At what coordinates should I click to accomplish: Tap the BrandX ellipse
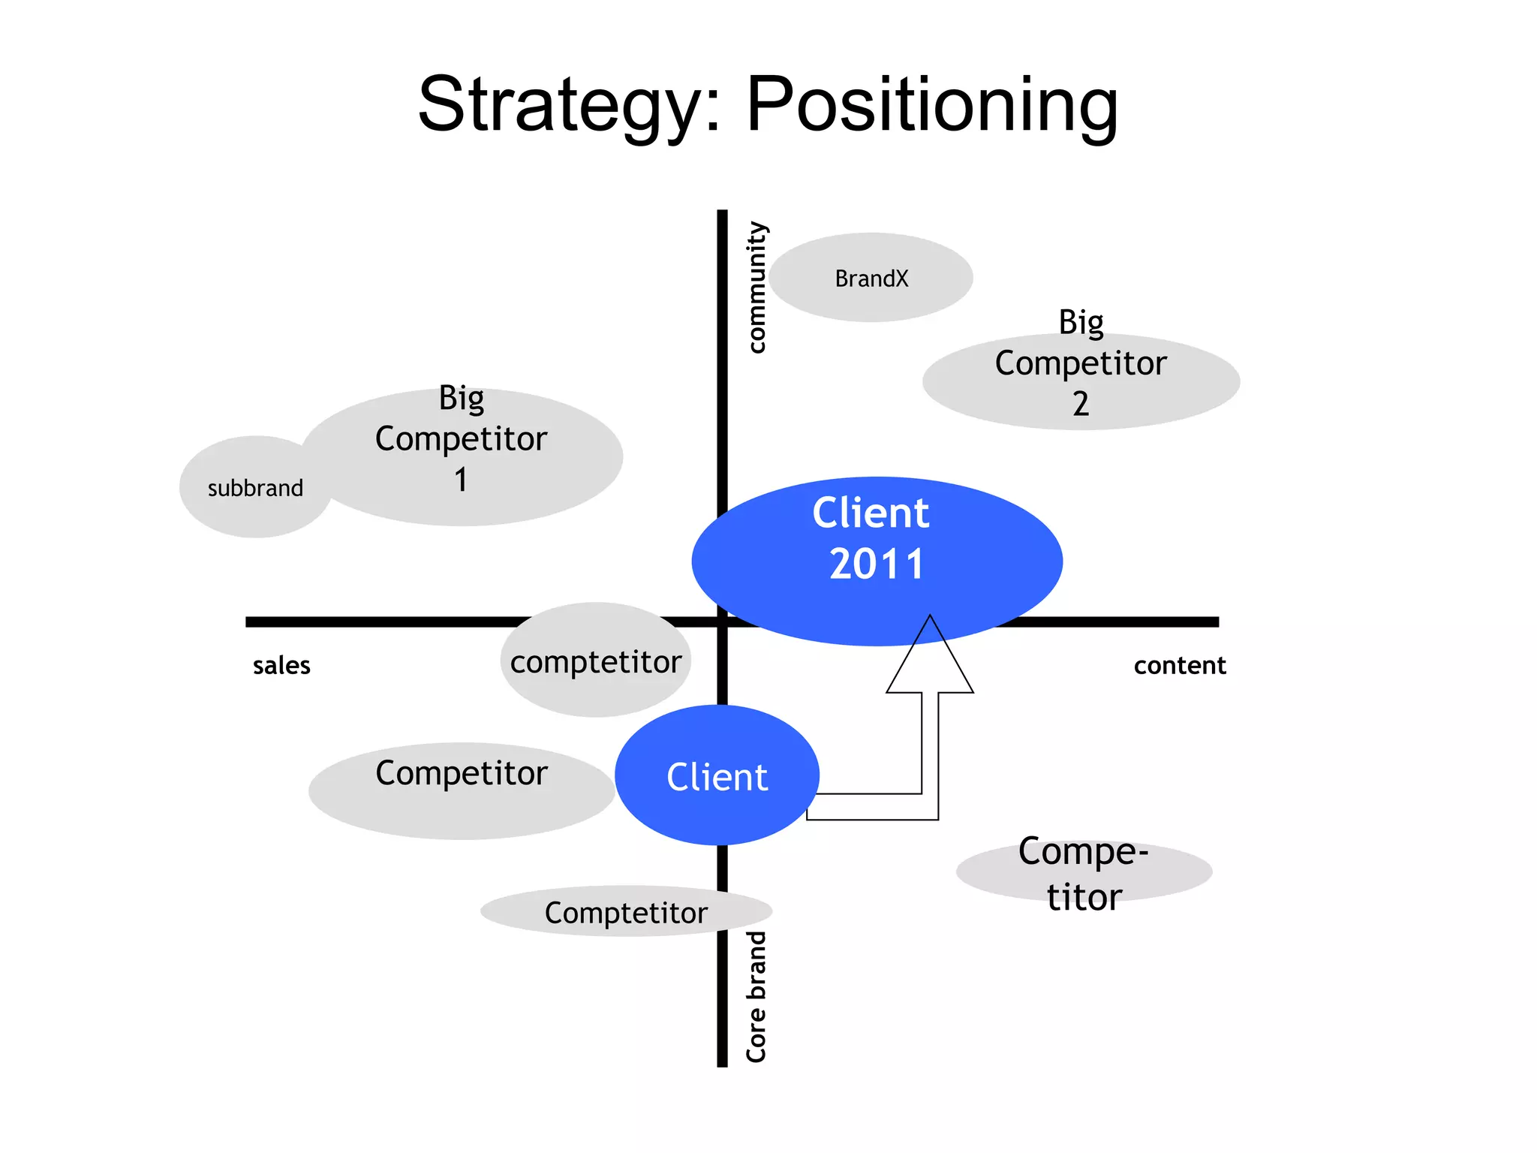(x=871, y=278)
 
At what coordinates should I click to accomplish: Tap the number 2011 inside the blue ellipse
(x=876, y=564)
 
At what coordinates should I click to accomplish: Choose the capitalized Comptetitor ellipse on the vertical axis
(x=626, y=913)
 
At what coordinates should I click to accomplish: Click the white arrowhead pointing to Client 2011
(x=930, y=661)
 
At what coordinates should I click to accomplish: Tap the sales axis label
(x=281, y=665)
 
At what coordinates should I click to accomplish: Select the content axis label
(x=1179, y=665)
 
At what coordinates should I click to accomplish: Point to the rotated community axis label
(x=756, y=287)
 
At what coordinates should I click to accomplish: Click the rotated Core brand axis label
(x=756, y=997)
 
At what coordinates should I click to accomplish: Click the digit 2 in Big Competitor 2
(x=1080, y=404)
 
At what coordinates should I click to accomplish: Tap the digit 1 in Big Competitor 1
(x=461, y=480)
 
